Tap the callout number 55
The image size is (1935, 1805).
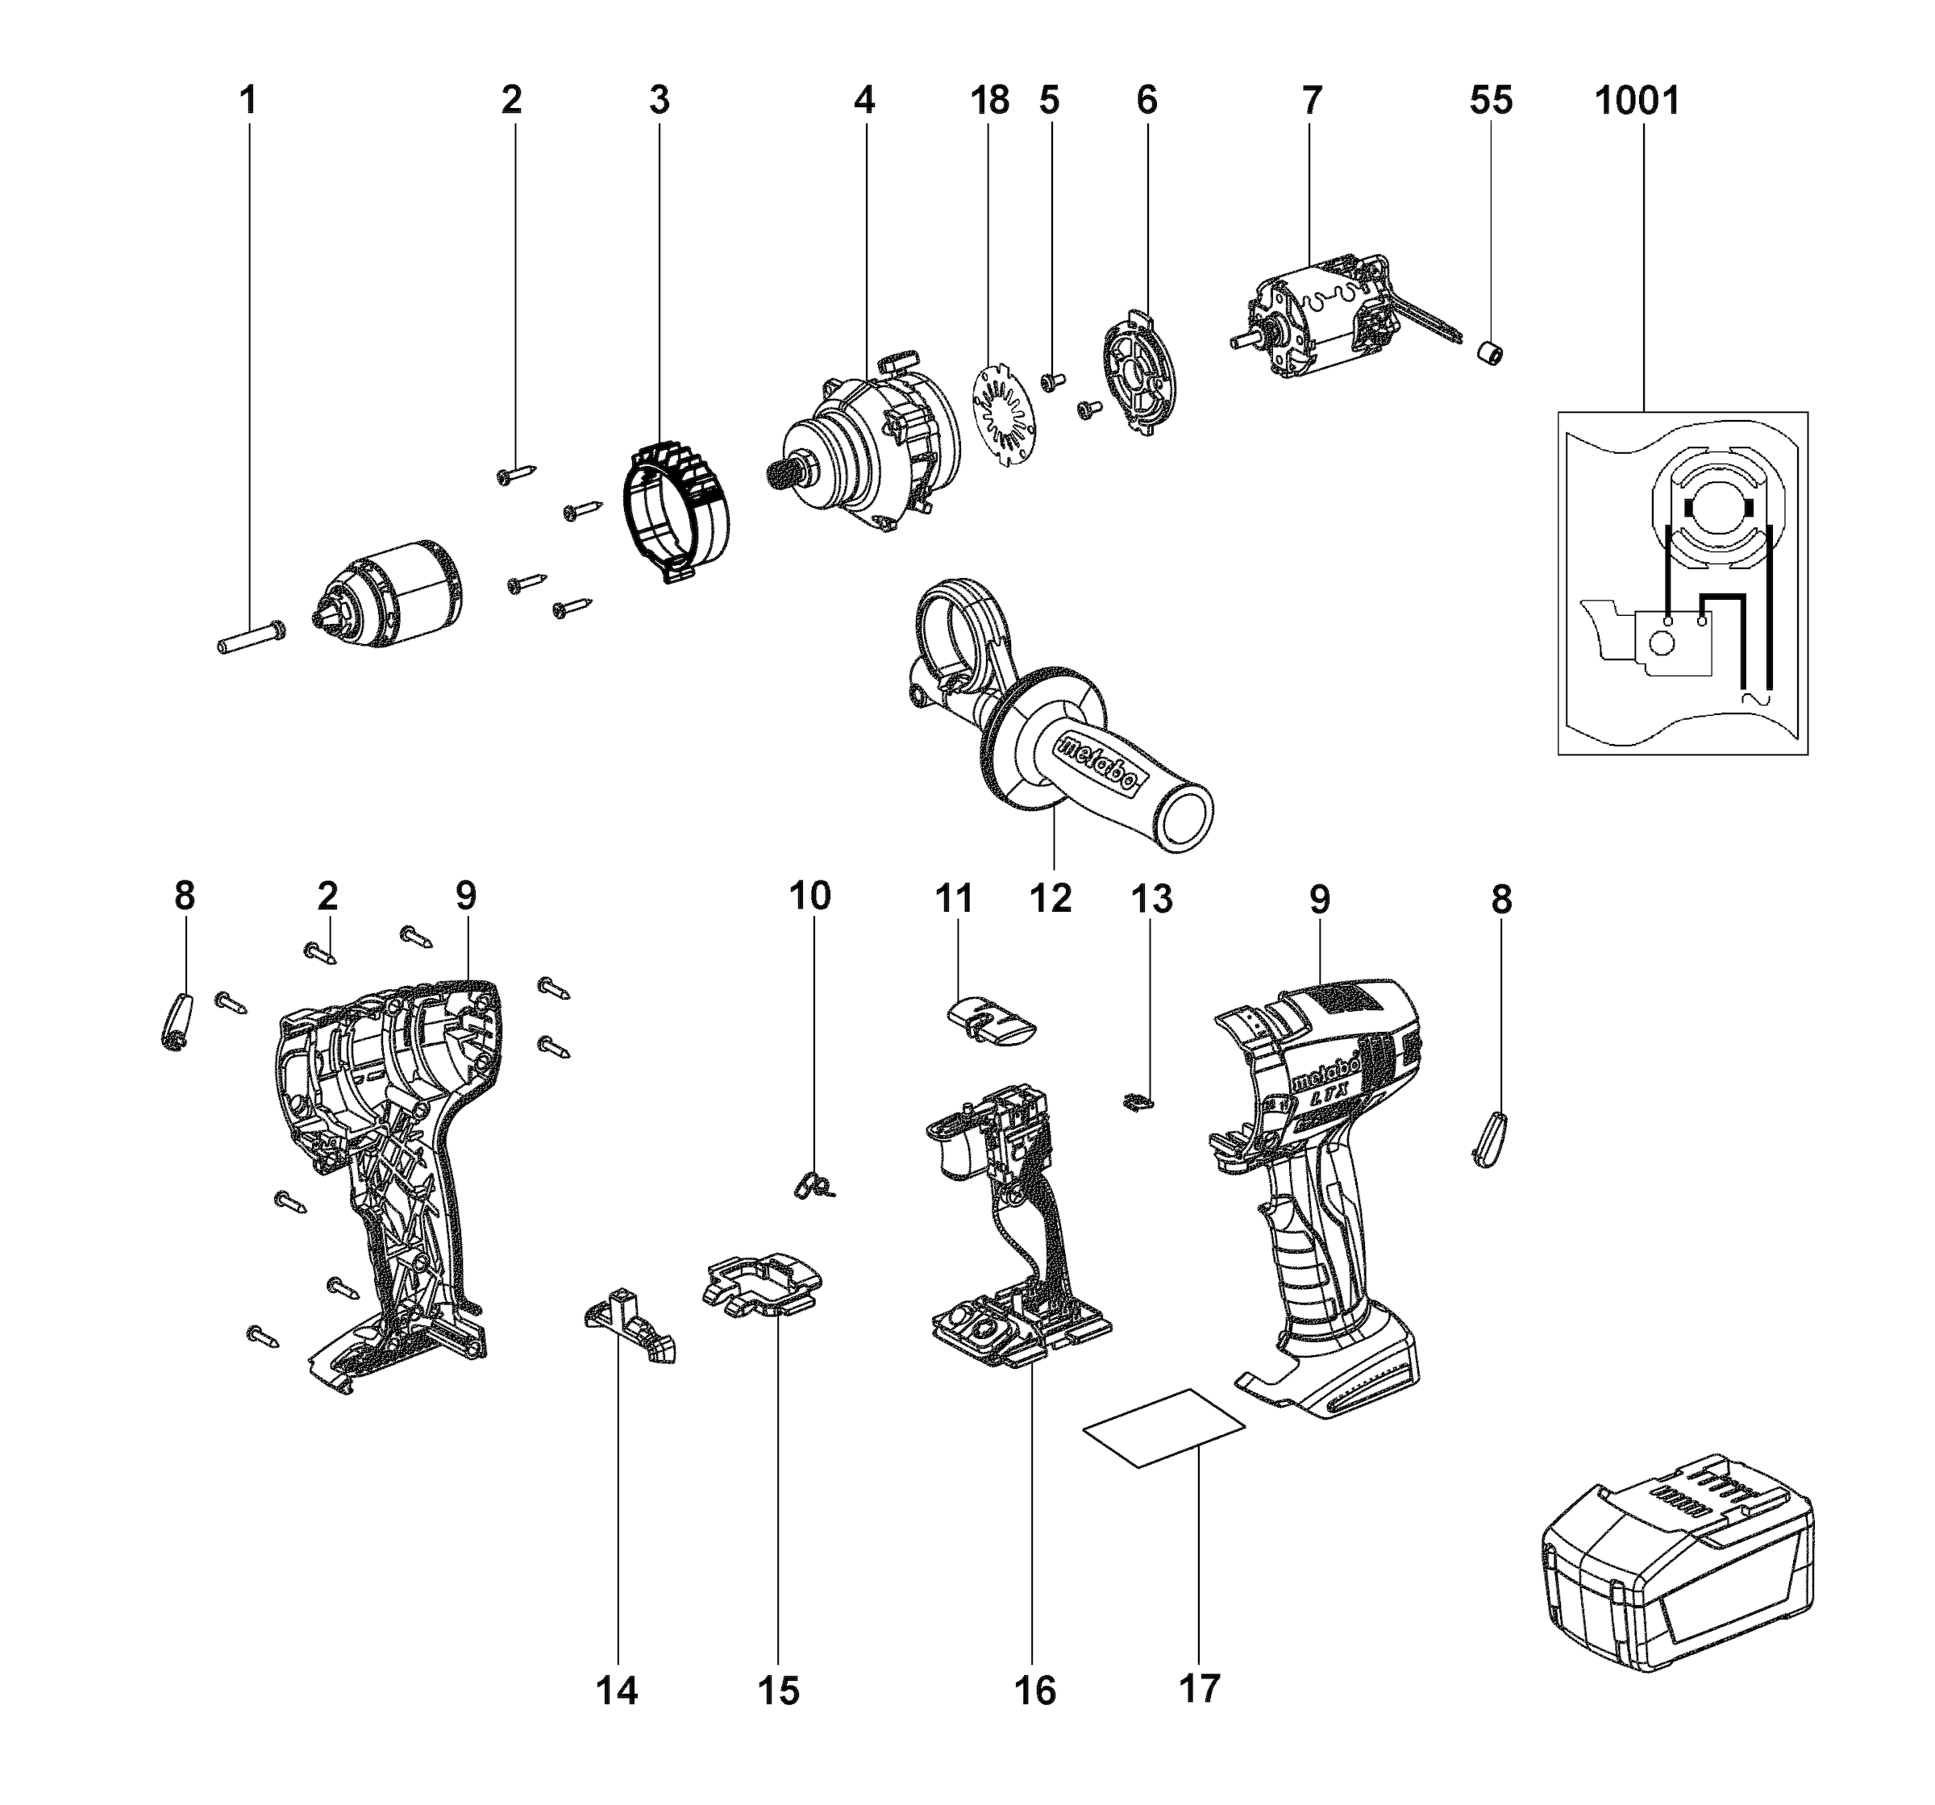coord(1490,100)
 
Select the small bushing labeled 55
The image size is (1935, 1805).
coord(1490,353)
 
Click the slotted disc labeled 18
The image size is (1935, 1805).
coord(1005,410)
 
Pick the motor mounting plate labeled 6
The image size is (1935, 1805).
coord(1141,375)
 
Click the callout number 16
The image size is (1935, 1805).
coord(1034,1691)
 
